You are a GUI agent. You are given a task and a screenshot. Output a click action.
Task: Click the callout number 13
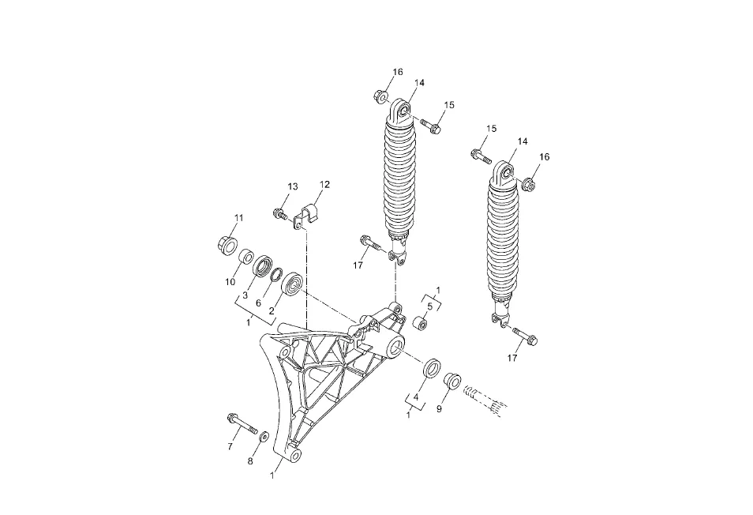293,186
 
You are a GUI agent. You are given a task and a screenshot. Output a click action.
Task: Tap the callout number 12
324,184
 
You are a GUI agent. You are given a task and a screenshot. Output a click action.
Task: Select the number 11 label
238,218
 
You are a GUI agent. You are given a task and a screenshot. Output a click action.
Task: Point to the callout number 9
439,409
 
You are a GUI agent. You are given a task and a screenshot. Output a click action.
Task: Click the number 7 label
230,447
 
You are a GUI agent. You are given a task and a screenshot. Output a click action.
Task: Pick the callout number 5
430,306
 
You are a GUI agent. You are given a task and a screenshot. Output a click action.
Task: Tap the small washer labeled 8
264,438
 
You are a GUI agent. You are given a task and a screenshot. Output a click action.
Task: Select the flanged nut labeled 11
227,245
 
